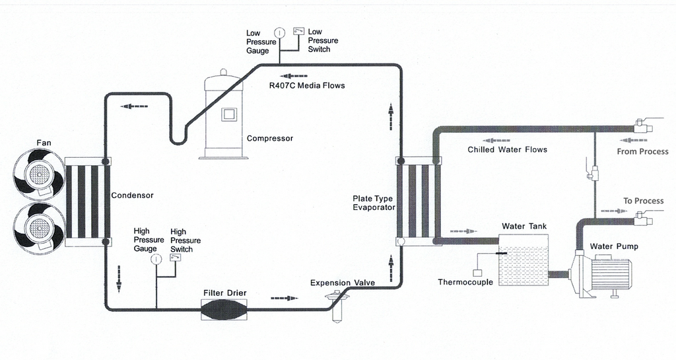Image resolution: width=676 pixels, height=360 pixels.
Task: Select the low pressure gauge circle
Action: (x=280, y=32)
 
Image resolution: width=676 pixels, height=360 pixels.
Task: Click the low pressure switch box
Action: (x=299, y=30)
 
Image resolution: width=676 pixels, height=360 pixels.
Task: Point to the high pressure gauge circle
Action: (x=156, y=260)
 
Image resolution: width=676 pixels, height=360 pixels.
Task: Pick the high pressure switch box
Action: (x=176, y=258)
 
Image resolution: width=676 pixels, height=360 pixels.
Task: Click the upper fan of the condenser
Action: (x=38, y=173)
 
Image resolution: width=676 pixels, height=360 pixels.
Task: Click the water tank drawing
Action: (x=523, y=265)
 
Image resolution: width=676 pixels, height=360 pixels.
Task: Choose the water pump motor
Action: (x=611, y=275)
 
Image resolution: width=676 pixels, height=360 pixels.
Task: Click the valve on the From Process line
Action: (x=640, y=126)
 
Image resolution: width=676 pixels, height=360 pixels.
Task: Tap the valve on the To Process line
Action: (x=640, y=217)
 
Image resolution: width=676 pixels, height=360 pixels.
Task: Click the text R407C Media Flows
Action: (x=306, y=85)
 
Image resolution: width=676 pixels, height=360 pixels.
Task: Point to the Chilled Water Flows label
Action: (x=507, y=149)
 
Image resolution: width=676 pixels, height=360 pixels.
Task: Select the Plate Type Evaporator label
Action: (x=374, y=203)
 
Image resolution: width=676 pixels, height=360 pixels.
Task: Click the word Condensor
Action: (x=132, y=196)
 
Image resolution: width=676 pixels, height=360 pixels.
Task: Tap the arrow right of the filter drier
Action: (x=284, y=299)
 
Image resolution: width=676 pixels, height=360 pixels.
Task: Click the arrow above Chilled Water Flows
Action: (x=496, y=140)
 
